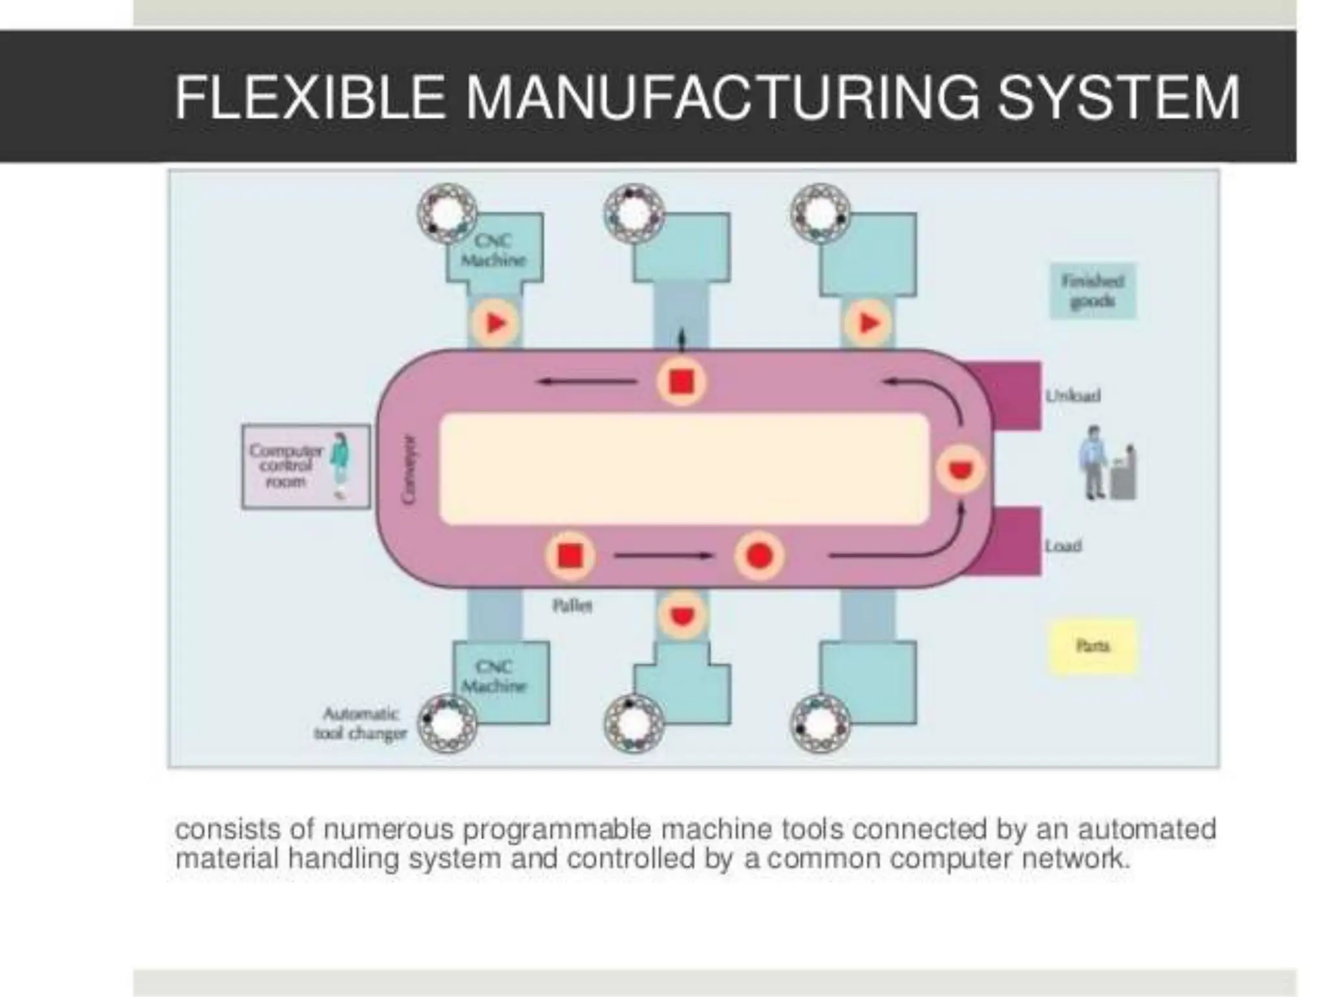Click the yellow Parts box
pyautogui.click(x=1092, y=646)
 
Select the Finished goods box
pyautogui.click(x=1092, y=291)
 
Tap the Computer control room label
pyautogui.click(x=286, y=466)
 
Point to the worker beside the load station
pyautogui.click(x=1094, y=462)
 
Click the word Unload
pyautogui.click(x=1073, y=395)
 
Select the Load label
pyautogui.click(x=1063, y=546)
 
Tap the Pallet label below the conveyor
pyautogui.click(x=572, y=606)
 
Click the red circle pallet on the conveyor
pyautogui.click(x=759, y=556)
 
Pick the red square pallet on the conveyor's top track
pyautogui.click(x=681, y=381)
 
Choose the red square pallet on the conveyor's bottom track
pyautogui.click(x=570, y=556)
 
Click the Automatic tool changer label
pyautogui.click(x=360, y=724)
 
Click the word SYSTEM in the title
pyautogui.click(x=1118, y=97)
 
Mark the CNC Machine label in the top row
pyautogui.click(x=494, y=251)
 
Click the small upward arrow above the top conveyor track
pyautogui.click(x=681, y=339)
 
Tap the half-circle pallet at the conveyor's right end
pyautogui.click(x=961, y=469)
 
